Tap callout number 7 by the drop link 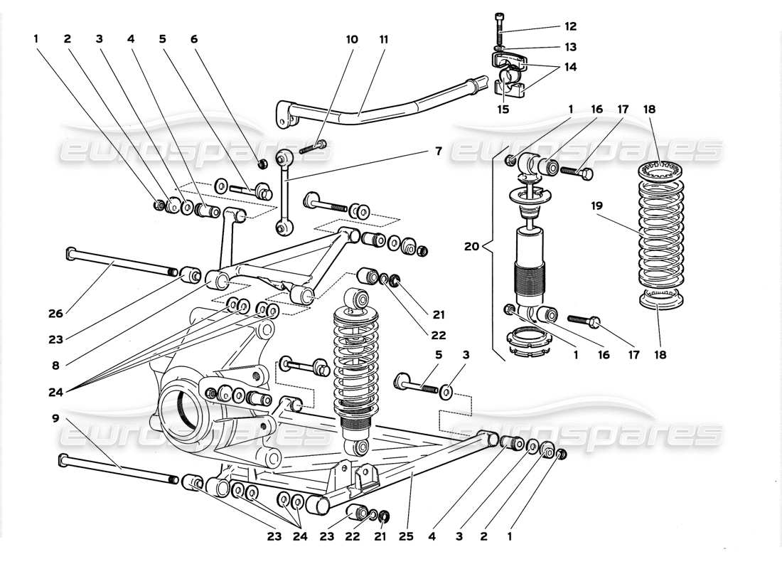pos(439,151)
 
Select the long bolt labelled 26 pos(121,261)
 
